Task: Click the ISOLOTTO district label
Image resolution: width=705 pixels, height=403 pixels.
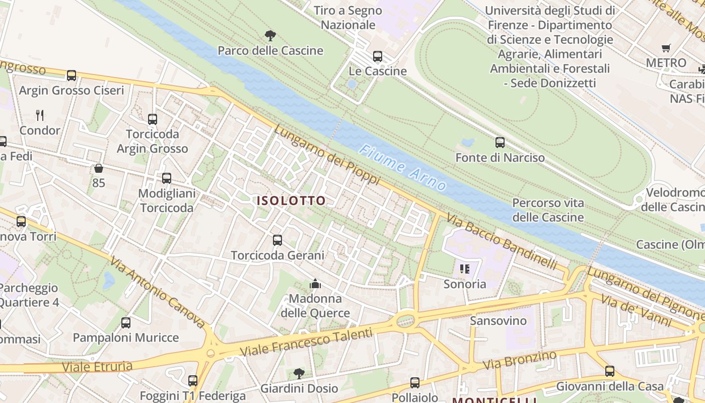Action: tap(291, 200)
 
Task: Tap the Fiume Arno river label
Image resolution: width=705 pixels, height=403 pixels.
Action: tap(403, 168)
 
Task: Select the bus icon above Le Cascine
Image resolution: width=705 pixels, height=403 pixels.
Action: tap(378, 56)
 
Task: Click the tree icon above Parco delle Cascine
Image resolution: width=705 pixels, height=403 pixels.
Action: tap(270, 35)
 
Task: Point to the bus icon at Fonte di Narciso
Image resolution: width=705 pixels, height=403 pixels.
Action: tap(500, 143)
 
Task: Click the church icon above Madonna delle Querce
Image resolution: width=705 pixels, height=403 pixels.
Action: tap(315, 284)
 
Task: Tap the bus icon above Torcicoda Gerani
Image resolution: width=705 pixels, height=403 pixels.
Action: tap(277, 240)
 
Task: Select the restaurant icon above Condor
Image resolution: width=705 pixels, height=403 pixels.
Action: tap(40, 115)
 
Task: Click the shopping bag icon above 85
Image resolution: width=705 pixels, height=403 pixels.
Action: tap(99, 168)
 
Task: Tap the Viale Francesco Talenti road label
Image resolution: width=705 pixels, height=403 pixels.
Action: tap(306, 343)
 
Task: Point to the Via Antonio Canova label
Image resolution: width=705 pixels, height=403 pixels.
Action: tap(157, 292)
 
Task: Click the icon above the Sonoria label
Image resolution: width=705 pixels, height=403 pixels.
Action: tap(464, 269)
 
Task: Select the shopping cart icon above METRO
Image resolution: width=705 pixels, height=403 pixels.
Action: tap(666, 48)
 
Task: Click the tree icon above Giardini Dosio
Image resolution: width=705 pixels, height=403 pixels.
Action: tap(299, 373)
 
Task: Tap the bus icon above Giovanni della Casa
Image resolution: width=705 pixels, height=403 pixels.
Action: tap(610, 371)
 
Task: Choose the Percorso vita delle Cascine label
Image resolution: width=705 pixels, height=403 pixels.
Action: tap(548, 210)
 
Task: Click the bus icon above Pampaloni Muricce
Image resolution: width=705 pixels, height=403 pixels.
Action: tap(126, 323)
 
